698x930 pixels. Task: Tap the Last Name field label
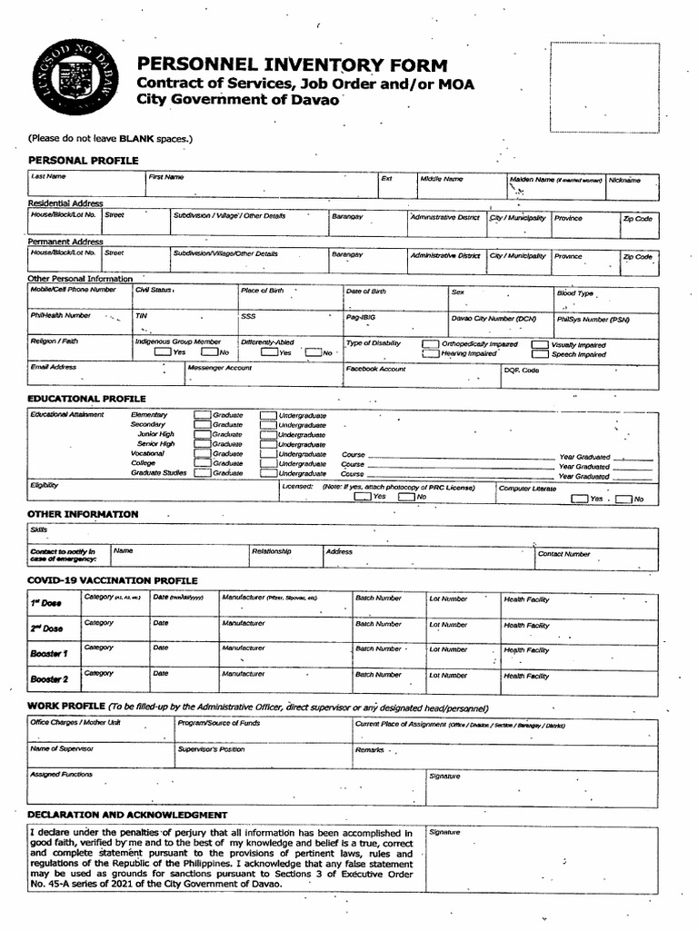pyautogui.click(x=48, y=177)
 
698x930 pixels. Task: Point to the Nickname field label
pyautogui.click(x=624, y=180)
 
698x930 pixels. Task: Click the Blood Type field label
pyautogui.click(x=574, y=293)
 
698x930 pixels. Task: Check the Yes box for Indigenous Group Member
pyautogui.click(x=163, y=352)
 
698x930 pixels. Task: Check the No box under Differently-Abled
pyautogui.click(x=314, y=352)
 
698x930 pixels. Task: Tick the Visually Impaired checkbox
pyautogui.click(x=540, y=345)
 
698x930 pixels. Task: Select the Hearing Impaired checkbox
pyautogui.click(x=430, y=354)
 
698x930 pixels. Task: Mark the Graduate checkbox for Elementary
pyautogui.click(x=202, y=415)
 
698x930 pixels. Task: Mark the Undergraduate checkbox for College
pyautogui.click(x=268, y=463)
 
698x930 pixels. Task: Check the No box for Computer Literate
pyautogui.click(x=623, y=499)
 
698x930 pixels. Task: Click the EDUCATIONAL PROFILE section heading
pyautogui.click(x=86, y=399)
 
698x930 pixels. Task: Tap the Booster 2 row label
pyautogui.click(x=49, y=679)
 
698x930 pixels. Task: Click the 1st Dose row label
pyautogui.click(x=46, y=603)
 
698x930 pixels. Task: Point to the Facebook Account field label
pyautogui.click(x=375, y=369)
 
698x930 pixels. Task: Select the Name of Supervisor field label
pyautogui.click(x=62, y=749)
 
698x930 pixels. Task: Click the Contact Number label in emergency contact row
pyautogui.click(x=563, y=553)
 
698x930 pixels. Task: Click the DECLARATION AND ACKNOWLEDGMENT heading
pyautogui.click(x=127, y=815)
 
